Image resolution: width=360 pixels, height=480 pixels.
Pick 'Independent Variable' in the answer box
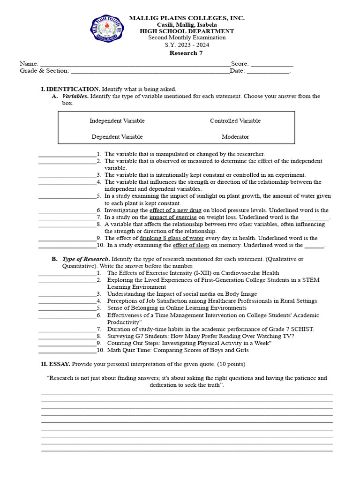[117, 121]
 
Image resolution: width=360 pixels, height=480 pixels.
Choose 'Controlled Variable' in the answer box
[235, 121]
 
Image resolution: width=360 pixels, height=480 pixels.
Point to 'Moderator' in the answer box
[235, 137]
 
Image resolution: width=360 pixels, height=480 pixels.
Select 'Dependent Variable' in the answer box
[117, 137]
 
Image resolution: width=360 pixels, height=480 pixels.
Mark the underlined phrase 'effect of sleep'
[191, 245]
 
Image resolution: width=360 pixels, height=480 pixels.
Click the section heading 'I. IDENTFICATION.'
[70, 89]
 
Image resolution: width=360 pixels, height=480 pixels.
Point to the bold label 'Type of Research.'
[86, 259]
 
